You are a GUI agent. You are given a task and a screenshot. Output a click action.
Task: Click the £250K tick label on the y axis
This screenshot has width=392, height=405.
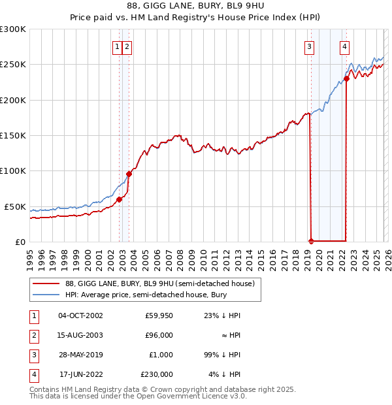(13, 65)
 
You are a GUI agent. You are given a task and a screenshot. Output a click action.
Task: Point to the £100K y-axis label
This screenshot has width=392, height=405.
(13, 171)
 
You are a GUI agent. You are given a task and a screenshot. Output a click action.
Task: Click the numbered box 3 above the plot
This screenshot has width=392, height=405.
(308, 46)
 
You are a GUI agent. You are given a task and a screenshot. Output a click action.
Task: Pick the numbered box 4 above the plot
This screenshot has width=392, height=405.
(344, 46)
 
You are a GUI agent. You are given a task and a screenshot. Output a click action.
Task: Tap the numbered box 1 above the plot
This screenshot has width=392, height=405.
(117, 46)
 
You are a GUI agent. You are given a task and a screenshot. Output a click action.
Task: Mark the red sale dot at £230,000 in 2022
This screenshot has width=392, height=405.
(346, 78)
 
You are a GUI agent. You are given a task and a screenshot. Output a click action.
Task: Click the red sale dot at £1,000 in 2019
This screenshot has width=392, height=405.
(311, 241)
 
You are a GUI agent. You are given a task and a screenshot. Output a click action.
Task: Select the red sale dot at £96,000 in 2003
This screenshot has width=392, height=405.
(129, 174)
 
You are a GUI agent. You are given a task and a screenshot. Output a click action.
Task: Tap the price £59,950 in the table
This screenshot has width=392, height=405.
(159, 316)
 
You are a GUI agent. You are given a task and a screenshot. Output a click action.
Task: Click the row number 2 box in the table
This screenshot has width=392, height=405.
(33, 335)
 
